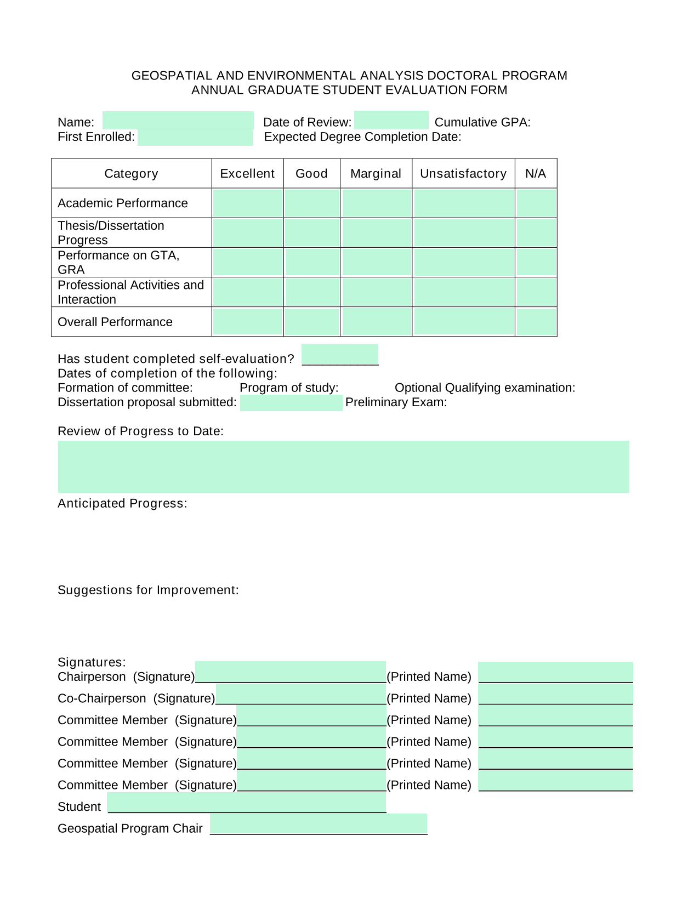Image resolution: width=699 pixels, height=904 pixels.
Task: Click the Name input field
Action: tap(178, 121)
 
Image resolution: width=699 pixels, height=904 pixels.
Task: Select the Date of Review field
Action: tap(391, 121)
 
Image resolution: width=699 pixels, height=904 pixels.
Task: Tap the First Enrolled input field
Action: tap(195, 137)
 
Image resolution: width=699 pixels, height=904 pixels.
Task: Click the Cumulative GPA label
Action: tap(482, 122)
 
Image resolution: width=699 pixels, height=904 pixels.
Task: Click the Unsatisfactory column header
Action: tap(463, 174)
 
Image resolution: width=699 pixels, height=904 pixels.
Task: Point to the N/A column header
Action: tap(536, 174)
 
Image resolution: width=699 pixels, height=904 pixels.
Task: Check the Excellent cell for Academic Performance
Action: tap(248, 203)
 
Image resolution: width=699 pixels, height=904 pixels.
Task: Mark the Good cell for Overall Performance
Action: tap(312, 322)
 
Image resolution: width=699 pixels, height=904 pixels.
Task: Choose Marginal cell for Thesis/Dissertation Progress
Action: tap(376, 233)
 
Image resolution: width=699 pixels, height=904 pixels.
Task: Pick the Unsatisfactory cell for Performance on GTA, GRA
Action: tap(464, 263)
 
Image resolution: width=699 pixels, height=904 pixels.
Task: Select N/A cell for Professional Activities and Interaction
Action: tap(536, 292)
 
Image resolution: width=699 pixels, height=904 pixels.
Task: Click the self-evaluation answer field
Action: tap(340, 355)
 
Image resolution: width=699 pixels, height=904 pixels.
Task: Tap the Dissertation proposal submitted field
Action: tap(291, 403)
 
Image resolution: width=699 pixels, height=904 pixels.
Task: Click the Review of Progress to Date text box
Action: tap(344, 467)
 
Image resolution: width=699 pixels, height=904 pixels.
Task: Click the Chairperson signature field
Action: tap(291, 672)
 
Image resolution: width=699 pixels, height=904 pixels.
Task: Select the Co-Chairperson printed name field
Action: tap(556, 694)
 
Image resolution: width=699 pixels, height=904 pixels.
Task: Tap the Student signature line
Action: tap(247, 803)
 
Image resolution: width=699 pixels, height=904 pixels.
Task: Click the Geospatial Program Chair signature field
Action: tap(319, 824)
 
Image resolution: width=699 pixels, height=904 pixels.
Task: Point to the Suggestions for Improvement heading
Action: tap(148, 590)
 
